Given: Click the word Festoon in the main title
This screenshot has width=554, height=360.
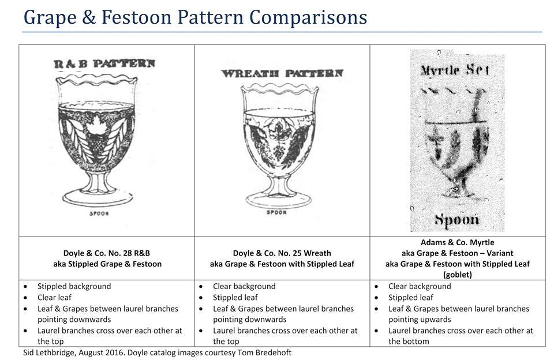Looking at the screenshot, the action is [137, 17].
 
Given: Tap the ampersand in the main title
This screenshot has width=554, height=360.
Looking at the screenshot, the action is [89, 17].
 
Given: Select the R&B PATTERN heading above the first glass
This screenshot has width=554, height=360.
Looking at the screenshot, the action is [104, 64].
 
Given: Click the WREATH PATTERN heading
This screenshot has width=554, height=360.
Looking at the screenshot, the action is [282, 73].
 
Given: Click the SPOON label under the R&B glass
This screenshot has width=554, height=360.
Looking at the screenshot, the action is [99, 213].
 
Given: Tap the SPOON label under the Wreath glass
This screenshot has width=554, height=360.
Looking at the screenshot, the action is [276, 212].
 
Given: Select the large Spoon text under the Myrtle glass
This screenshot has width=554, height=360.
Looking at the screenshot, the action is [456, 219].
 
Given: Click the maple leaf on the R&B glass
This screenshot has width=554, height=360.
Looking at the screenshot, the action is [97, 127].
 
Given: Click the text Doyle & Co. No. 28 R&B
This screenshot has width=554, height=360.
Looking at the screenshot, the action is [107, 253].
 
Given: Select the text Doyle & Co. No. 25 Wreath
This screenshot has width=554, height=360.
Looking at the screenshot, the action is [282, 253].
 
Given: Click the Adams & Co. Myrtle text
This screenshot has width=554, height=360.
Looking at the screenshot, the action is [457, 242].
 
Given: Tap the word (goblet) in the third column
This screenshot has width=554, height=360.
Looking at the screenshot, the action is [457, 275].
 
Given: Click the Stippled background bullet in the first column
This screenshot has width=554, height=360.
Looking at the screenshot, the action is [74, 286].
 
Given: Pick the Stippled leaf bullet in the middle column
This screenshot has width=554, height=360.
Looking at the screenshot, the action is [235, 298].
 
